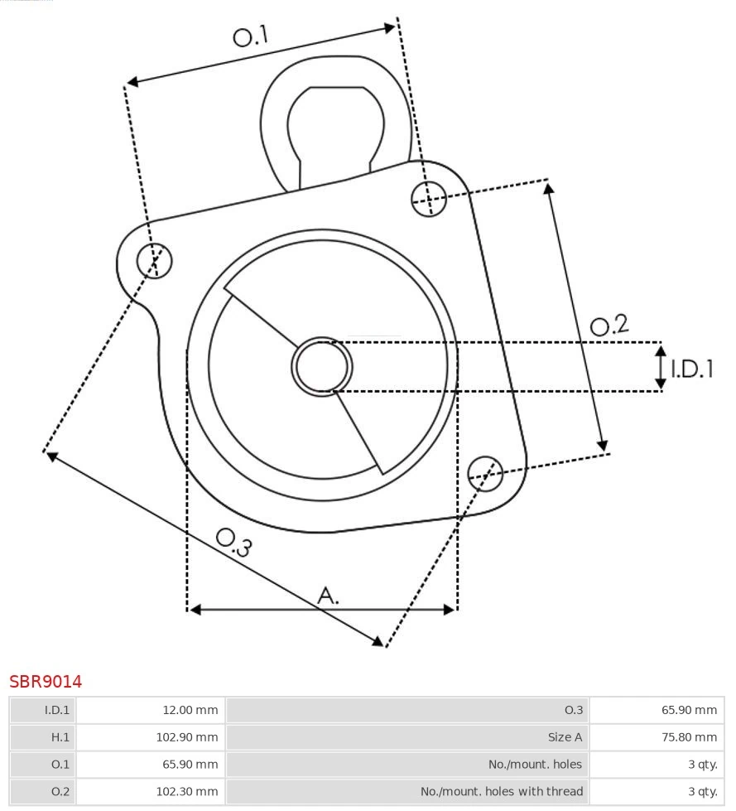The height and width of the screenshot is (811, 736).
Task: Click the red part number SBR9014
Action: pyautogui.click(x=46, y=682)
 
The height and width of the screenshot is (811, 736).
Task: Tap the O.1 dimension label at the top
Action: pyautogui.click(x=251, y=36)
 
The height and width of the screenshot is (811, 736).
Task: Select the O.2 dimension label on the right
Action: pyautogui.click(x=609, y=326)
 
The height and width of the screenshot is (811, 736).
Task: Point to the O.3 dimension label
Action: pyautogui.click(x=233, y=543)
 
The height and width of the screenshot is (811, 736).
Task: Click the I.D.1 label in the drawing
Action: pyautogui.click(x=691, y=369)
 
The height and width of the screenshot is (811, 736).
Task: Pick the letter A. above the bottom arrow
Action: pyautogui.click(x=328, y=595)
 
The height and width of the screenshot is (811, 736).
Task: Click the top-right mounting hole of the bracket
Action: pyautogui.click(x=429, y=198)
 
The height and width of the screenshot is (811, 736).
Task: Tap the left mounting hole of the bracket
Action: pyautogui.click(x=154, y=261)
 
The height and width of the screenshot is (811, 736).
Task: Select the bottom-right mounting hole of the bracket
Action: pyautogui.click(x=485, y=472)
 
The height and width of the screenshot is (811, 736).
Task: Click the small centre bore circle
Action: pyautogui.click(x=322, y=366)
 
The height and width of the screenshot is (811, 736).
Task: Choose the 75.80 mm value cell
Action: pyautogui.click(x=657, y=736)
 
